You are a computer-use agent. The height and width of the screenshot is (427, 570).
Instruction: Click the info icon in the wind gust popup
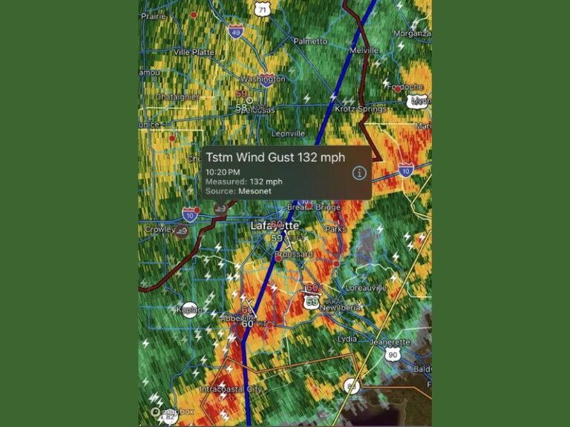359,173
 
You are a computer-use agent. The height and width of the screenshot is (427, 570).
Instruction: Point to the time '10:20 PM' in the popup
223,172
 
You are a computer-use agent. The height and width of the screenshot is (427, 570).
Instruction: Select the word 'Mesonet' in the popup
255,191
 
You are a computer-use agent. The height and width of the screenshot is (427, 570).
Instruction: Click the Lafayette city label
275,225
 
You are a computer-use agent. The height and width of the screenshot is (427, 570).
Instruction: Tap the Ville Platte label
194,52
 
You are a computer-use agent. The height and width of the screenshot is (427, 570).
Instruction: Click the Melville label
364,50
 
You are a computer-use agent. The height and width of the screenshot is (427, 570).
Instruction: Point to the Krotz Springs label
360,109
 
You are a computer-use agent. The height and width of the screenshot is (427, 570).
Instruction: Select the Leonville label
288,133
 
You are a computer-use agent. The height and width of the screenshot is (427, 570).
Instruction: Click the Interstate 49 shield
235,31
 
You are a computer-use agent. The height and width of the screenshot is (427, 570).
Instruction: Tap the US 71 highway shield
261,8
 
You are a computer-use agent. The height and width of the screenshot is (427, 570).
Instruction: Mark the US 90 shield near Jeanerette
393,354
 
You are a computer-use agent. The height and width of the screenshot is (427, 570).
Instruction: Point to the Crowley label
160,230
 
